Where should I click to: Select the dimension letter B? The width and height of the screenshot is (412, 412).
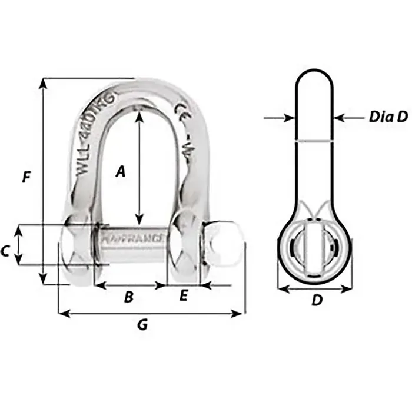point(128,298)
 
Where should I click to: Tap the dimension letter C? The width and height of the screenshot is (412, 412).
point(5,251)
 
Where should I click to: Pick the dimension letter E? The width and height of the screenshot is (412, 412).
point(183,297)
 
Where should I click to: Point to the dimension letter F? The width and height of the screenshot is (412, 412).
point(25,177)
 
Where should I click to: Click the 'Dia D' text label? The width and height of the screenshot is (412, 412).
point(388,117)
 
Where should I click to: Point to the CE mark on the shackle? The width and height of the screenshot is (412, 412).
point(181,109)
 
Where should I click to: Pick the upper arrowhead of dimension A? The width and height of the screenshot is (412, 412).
point(139,115)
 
